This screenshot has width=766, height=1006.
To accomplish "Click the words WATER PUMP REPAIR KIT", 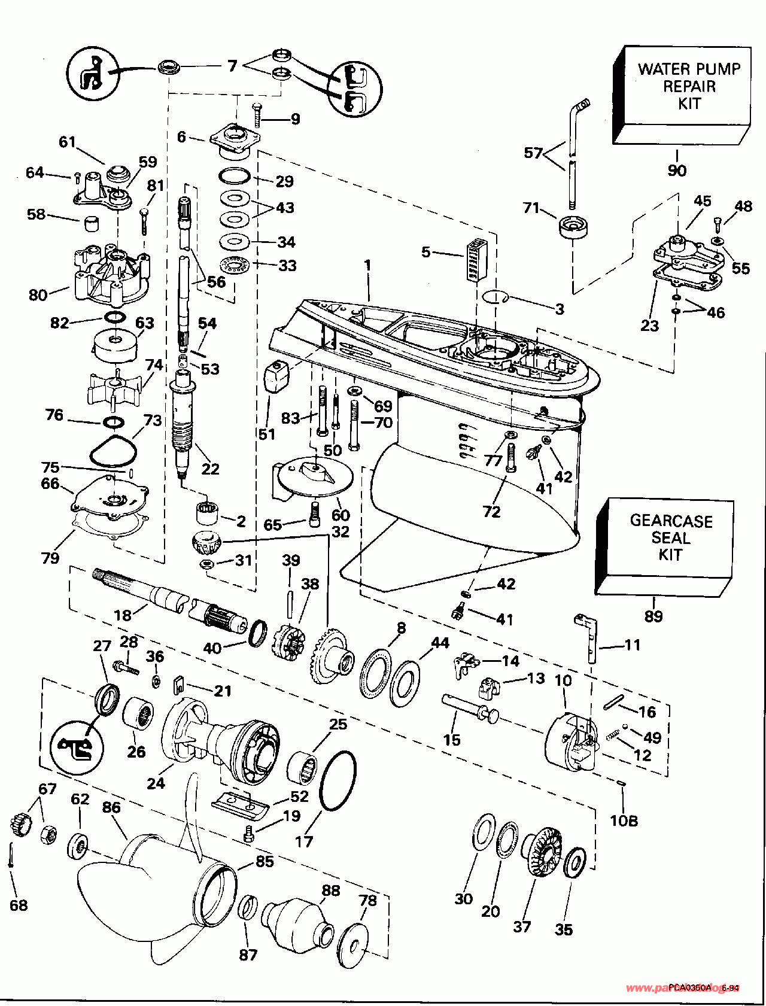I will coord(689,86).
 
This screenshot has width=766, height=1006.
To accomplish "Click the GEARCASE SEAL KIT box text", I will coord(670,537).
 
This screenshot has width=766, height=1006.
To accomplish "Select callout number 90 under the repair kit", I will coord(677,171).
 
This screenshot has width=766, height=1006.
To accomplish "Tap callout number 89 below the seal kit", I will coord(653,616).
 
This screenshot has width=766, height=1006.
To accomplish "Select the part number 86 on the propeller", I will coord(111,807).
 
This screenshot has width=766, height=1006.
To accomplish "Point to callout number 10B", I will coord(624,820).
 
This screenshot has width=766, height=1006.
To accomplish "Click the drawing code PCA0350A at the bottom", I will coord(690,987).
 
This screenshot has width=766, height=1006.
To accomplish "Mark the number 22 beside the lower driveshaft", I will coord(210,469).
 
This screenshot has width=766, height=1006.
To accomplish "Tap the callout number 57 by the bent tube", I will coord(533,153).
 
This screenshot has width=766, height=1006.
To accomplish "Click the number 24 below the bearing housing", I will coord(156,782).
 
